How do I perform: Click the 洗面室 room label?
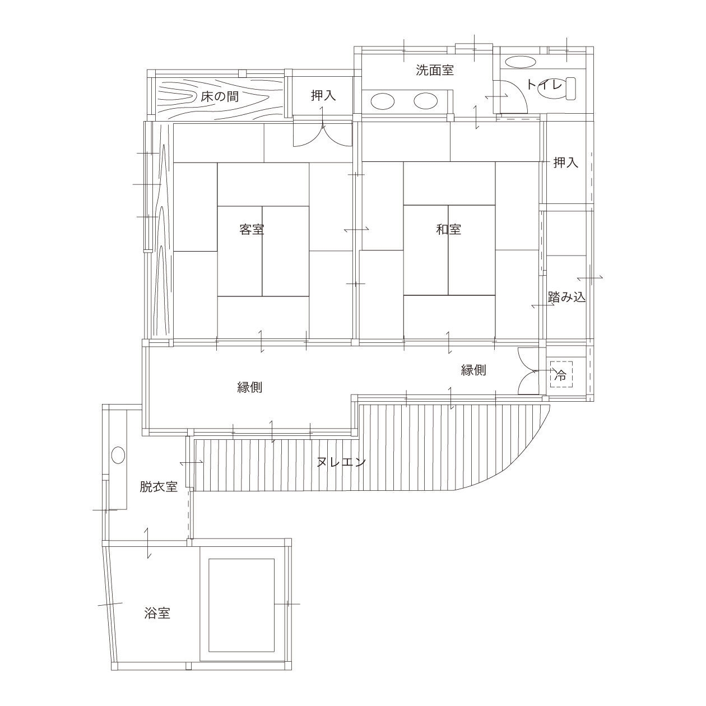435,70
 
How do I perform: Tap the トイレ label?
544,85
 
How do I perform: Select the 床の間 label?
220,97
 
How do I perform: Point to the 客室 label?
252,230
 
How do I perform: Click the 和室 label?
449,230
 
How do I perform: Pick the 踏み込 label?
567,297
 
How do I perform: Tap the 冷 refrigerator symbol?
560,375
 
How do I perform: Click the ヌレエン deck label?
341,462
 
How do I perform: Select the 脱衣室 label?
159,486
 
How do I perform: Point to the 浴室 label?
157,613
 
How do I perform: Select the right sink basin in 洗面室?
426,101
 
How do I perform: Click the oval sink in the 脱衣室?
118,456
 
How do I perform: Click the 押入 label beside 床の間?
323,96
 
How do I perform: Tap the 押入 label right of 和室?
566,162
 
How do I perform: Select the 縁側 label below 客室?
249,387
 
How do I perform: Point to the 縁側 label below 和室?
473,370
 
